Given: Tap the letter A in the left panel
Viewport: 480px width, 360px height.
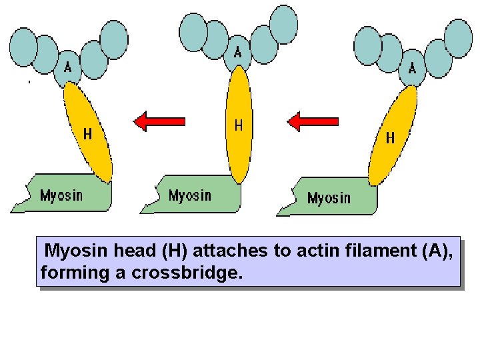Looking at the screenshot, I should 67,67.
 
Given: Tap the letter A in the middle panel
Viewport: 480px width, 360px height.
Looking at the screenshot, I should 237,52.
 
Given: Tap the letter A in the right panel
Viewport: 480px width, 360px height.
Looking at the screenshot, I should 412,67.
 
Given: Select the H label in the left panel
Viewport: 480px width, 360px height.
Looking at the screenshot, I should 87,134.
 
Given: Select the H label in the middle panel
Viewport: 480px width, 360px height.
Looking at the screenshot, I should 239,125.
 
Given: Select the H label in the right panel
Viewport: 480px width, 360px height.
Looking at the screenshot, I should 390,138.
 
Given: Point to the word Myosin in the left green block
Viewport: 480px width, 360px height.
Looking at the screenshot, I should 61,195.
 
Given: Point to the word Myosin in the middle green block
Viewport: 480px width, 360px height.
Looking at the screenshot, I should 190,195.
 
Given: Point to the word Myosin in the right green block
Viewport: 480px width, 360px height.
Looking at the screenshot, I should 329,198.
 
